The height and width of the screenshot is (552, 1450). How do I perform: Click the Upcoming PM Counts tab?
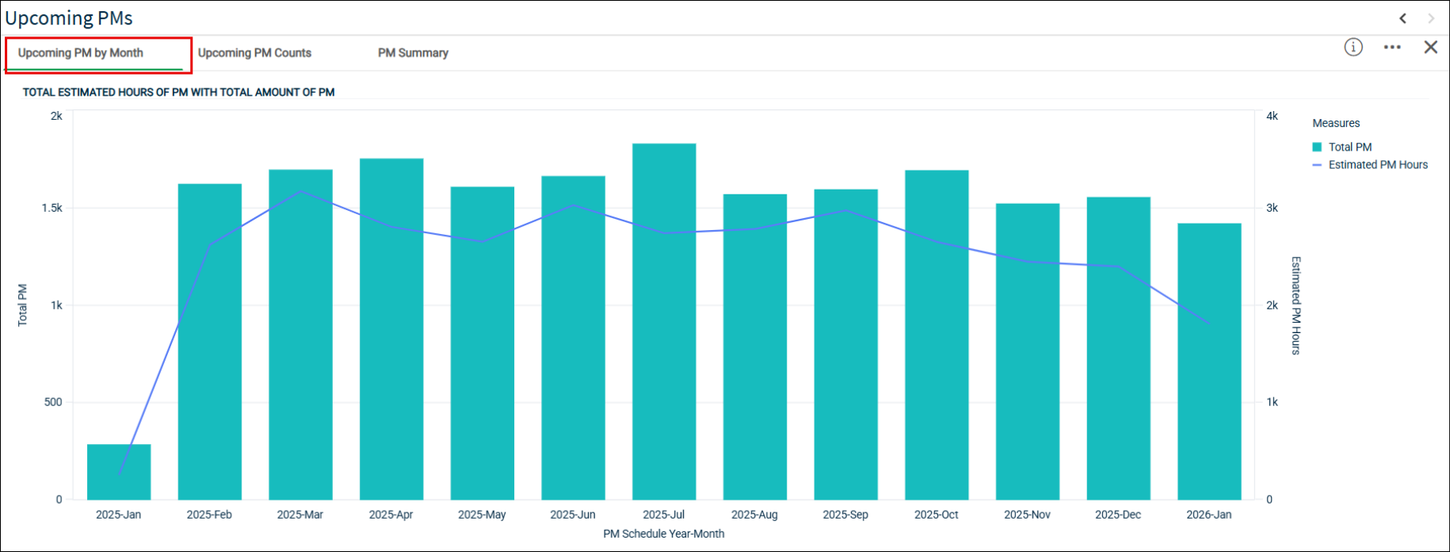[254, 53]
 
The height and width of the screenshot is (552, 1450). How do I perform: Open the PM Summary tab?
[413, 53]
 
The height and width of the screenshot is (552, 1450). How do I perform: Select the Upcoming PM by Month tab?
[81, 53]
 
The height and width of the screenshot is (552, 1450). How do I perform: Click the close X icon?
[1430, 48]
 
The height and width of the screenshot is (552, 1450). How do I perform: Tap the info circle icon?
[1353, 48]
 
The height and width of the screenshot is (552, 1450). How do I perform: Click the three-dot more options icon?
[1392, 48]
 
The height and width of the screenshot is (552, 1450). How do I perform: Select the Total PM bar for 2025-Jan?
[119, 472]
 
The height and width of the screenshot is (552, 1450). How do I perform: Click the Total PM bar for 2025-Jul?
[664, 321]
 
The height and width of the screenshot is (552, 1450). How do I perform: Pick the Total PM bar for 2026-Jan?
[1209, 362]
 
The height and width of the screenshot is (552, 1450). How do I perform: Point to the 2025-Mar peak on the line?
[300, 191]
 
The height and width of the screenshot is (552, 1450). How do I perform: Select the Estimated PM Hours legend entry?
[1370, 165]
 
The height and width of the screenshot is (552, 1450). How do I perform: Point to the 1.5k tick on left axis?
[52, 208]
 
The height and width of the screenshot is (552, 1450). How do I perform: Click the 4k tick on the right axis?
[1272, 116]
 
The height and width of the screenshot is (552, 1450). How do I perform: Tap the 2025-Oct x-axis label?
[936, 515]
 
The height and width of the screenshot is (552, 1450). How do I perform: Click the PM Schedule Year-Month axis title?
[664, 534]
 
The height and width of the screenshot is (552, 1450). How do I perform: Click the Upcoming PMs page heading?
[69, 18]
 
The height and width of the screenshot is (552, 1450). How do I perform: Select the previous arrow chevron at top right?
[1402, 18]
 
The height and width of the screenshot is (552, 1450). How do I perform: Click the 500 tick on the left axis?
[53, 402]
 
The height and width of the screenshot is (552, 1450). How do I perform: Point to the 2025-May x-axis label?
[482, 515]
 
